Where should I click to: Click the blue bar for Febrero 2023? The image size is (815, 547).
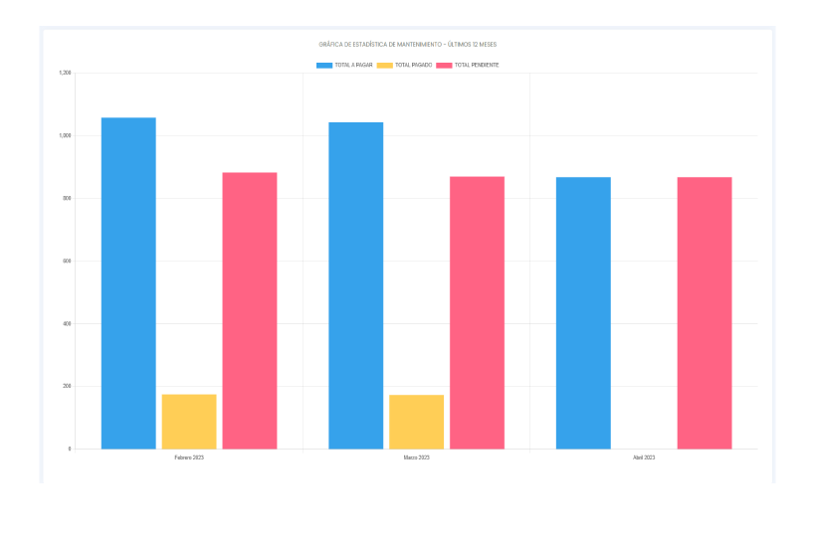(128, 283)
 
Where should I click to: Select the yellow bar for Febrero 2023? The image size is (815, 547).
(189, 422)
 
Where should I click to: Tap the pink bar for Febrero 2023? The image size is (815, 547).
(250, 310)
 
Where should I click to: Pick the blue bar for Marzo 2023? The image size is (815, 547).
(355, 285)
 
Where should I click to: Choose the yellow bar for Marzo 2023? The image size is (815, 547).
(416, 422)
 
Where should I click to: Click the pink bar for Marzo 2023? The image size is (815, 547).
(477, 312)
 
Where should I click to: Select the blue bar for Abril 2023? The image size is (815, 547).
(583, 312)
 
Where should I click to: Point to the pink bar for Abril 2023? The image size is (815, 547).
(705, 312)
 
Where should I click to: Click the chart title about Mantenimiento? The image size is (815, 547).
(407, 45)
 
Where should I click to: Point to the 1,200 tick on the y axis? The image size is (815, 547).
(66, 73)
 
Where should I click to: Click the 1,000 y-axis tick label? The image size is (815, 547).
(66, 135)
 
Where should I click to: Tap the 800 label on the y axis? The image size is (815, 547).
(68, 198)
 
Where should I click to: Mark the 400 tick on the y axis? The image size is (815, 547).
(68, 323)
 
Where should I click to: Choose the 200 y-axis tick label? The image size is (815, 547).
(68, 386)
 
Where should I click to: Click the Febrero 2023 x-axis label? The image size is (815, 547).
(189, 457)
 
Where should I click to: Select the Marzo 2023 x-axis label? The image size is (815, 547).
(416, 457)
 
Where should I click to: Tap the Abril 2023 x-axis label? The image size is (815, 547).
(644, 457)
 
